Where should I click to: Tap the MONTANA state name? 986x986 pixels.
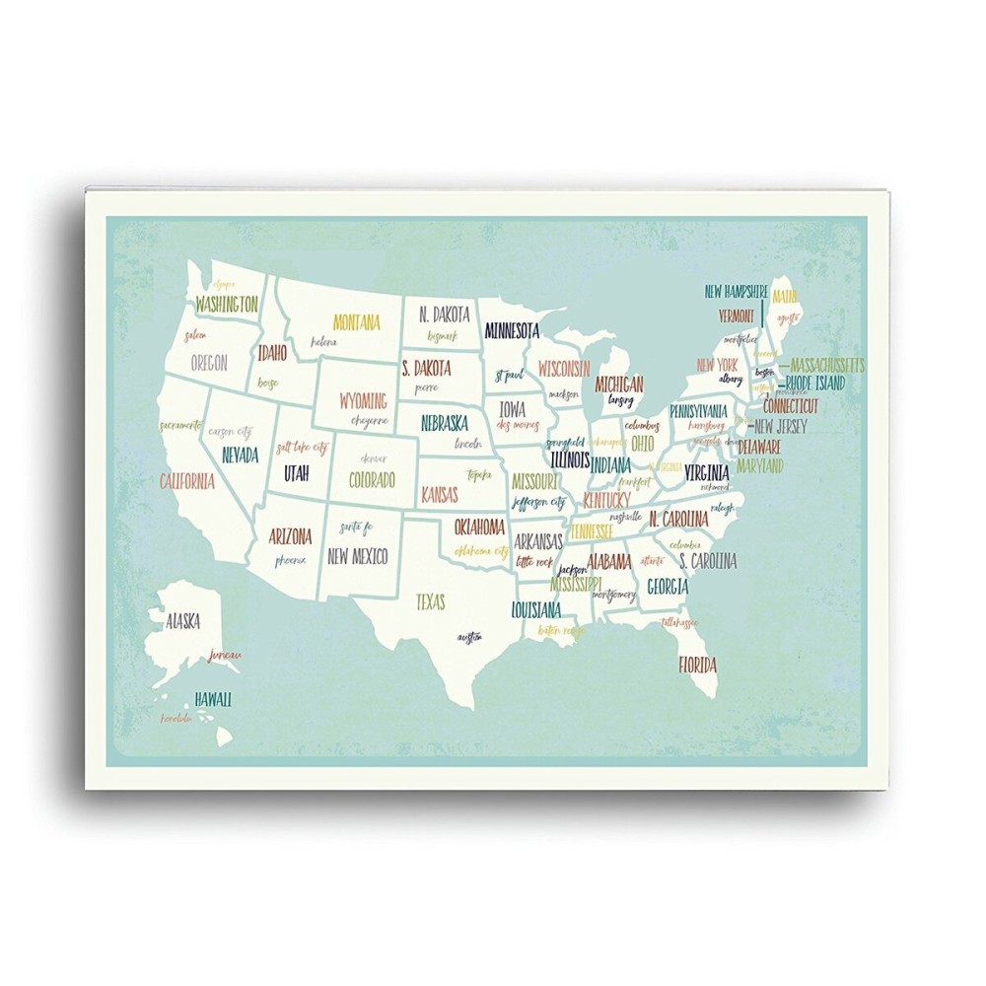tap(356, 322)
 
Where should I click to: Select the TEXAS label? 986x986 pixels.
tap(430, 600)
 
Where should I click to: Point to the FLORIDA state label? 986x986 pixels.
tap(697, 663)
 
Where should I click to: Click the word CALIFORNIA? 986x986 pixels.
tap(186, 482)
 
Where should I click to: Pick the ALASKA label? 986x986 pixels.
tap(182, 621)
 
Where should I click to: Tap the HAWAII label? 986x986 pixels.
tap(213, 699)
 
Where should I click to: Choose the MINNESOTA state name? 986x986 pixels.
tap(512, 328)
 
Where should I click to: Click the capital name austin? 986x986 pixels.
tap(469, 637)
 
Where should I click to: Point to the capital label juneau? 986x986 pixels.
tap(225, 656)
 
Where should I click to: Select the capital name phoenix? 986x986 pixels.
tap(291, 560)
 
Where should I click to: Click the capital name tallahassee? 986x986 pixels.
tap(680, 623)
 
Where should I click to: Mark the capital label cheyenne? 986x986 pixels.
tap(370, 420)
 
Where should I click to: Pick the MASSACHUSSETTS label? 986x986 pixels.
tap(827, 365)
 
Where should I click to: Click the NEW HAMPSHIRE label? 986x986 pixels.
tap(736, 292)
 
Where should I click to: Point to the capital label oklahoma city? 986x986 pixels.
tap(480, 549)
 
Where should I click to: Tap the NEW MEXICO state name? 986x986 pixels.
tap(357, 555)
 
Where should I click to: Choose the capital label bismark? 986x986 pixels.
tap(443, 336)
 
